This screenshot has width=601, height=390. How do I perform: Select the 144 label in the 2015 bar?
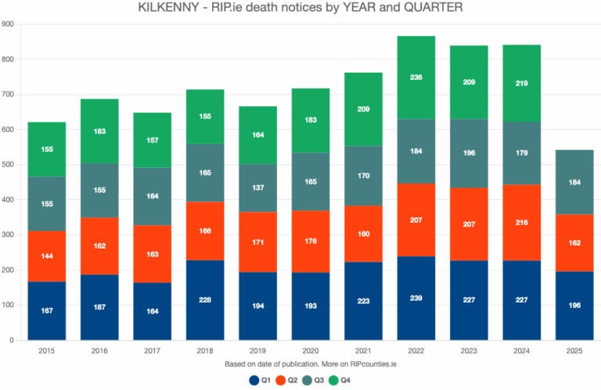(46, 256)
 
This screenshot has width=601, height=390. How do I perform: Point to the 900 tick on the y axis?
(9, 24)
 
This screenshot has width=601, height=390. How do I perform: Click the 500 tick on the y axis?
(9, 165)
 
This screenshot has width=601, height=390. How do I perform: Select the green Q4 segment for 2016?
(99, 131)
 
